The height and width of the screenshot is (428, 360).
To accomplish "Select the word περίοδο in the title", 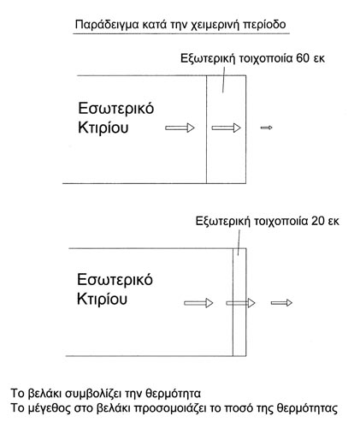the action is pyautogui.click(x=264, y=25).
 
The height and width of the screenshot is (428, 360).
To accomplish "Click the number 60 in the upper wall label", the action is pyautogui.click(x=303, y=58).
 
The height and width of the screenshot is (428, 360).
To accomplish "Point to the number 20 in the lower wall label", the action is pyautogui.click(x=317, y=221).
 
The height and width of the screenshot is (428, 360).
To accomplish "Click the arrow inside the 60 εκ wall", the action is pyautogui.click(x=226, y=128).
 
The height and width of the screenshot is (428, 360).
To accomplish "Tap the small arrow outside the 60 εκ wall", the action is pyautogui.click(x=266, y=128).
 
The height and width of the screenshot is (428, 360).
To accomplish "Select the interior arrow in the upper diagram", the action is pyautogui.click(x=180, y=128).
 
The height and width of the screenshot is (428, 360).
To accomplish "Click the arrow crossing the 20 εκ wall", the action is pyautogui.click(x=240, y=303).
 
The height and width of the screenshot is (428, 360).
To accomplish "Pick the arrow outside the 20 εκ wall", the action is pyautogui.click(x=281, y=302).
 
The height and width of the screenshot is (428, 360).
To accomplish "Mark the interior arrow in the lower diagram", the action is pyautogui.click(x=198, y=303).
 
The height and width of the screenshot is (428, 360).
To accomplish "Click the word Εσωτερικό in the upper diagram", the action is pyautogui.click(x=116, y=109).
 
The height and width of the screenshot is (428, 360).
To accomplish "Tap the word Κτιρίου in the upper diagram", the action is pyautogui.click(x=103, y=128).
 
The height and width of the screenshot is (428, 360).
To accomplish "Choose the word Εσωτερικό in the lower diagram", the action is pyautogui.click(x=115, y=280).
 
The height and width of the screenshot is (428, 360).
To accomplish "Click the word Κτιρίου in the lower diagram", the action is pyautogui.click(x=102, y=299).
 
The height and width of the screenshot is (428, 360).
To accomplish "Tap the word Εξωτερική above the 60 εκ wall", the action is pyautogui.click(x=209, y=58).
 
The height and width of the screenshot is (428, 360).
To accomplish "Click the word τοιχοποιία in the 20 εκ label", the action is pyautogui.click(x=280, y=222).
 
